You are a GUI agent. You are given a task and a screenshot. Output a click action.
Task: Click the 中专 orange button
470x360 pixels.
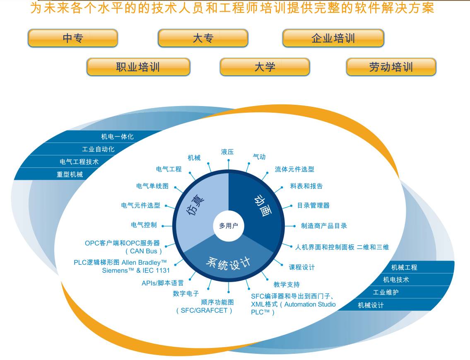pyautogui.click(x=73, y=38)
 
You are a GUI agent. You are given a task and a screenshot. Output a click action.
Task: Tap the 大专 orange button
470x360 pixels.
pyautogui.click(x=203, y=38)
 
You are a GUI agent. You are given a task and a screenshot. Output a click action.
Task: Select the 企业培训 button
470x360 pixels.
pyautogui.click(x=333, y=38)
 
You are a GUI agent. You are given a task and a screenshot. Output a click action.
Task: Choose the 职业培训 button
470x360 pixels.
pyautogui.click(x=138, y=67)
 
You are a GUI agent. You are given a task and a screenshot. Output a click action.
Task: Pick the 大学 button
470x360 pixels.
pyautogui.click(x=265, y=67)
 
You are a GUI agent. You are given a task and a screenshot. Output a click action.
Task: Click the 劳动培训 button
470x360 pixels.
pyautogui.click(x=391, y=67)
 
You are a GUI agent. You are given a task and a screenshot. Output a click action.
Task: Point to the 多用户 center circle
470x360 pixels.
pyautogui.click(x=229, y=226)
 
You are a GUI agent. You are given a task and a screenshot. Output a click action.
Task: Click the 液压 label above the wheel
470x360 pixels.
pyautogui.click(x=227, y=152)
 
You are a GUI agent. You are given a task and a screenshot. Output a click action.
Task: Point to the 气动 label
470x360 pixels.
pyautogui.click(x=259, y=157)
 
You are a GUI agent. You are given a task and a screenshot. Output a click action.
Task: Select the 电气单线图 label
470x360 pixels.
pyautogui.click(x=152, y=186)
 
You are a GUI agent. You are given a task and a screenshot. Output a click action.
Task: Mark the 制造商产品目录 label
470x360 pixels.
pyautogui.click(x=324, y=226)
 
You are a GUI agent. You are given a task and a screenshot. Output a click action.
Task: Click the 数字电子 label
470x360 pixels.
pyautogui.click(x=186, y=294)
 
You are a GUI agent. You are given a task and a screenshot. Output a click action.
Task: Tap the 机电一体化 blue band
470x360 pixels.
pyautogui.click(x=118, y=136)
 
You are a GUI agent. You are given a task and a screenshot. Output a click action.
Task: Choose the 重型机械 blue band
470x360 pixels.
pyautogui.click(x=70, y=174)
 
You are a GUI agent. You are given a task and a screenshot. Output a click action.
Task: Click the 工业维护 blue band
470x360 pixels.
pyautogui.click(x=386, y=292)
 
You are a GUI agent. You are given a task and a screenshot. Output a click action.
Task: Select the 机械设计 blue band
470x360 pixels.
pyautogui.click(x=371, y=305)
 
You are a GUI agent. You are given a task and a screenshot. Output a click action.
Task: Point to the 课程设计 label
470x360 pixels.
pyautogui.click(x=301, y=267)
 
